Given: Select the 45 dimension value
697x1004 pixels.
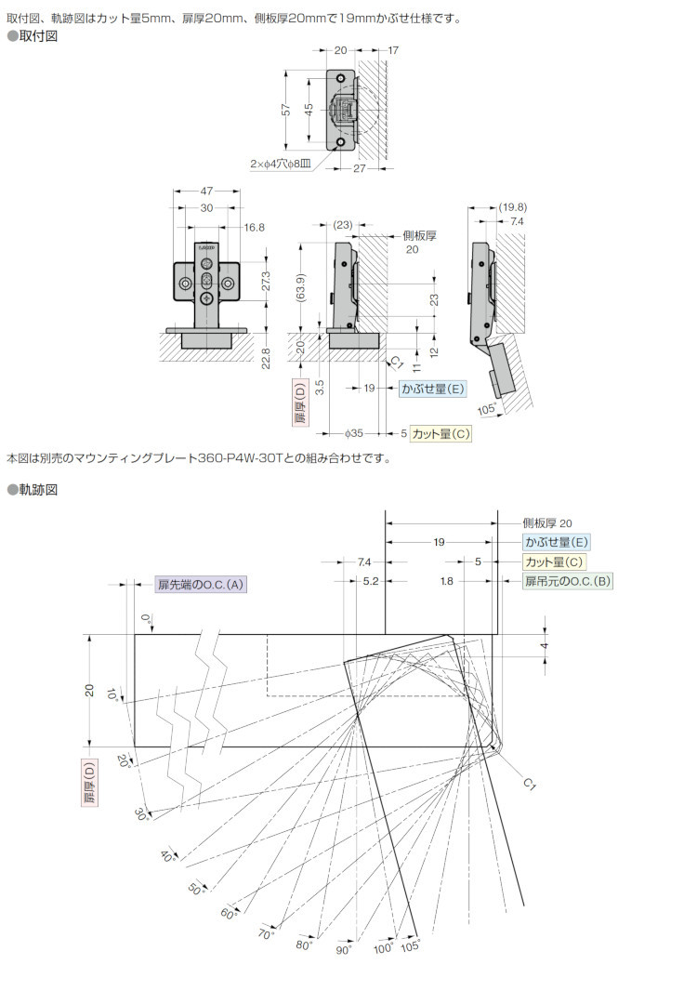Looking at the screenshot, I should pyautogui.click(x=309, y=109).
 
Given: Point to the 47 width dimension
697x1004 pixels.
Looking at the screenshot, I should pyautogui.click(x=206, y=191).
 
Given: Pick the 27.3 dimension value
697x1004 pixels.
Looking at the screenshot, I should pyautogui.click(x=267, y=280).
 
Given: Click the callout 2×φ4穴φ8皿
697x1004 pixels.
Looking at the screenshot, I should pyautogui.click(x=280, y=163).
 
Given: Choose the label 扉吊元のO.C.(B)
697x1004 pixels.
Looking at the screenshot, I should pyautogui.click(x=567, y=581).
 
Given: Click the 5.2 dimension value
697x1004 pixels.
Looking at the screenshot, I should pyautogui.click(x=370, y=581).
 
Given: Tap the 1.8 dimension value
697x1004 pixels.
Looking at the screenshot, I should pyautogui.click(x=447, y=581).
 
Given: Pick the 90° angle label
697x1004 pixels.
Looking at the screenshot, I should pyautogui.click(x=344, y=950).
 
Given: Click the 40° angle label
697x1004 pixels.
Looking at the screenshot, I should pyautogui.click(x=168, y=855).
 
